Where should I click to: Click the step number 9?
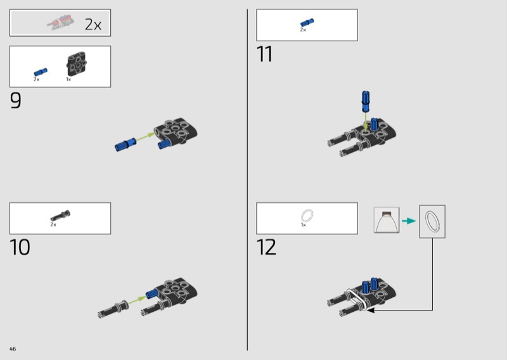pyautogui.click(x=15, y=100)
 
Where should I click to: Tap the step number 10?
pyautogui.click(x=20, y=247)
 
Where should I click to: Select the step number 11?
pyautogui.click(x=264, y=54)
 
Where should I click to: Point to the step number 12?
pyautogui.click(x=266, y=247)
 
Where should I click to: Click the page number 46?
pyautogui.click(x=13, y=349)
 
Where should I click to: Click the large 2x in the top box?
pyautogui.click(x=93, y=25)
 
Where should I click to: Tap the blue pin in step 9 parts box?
pyautogui.click(x=41, y=72)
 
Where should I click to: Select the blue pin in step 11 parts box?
pyautogui.click(x=307, y=22)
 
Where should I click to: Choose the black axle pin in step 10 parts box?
pyautogui.click(x=60, y=215)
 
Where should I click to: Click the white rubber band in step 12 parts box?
pyautogui.click(x=307, y=215)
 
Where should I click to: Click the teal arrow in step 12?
pyautogui.click(x=409, y=221)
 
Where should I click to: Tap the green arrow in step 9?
pyautogui.click(x=145, y=137)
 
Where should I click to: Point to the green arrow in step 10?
pyautogui.click(x=137, y=300)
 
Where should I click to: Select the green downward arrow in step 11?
pyautogui.click(x=366, y=121)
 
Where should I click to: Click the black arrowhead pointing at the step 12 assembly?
pyautogui.click(x=371, y=310)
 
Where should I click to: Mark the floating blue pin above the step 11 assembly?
pyautogui.click(x=366, y=101)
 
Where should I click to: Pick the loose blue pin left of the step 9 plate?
pyautogui.click(x=125, y=145)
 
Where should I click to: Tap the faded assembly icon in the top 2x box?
pyautogui.click(x=60, y=22)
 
